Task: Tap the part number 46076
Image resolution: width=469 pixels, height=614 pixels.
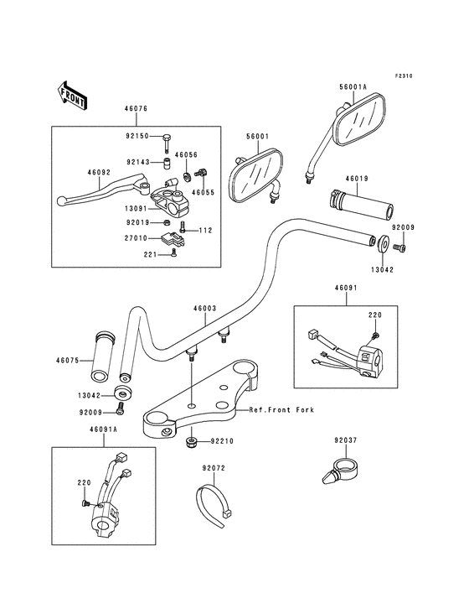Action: click(136, 109)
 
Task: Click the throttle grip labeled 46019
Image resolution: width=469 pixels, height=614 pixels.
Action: click(363, 204)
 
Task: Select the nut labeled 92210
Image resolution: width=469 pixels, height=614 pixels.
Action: click(191, 443)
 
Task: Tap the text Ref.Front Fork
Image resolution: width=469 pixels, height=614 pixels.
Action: click(281, 410)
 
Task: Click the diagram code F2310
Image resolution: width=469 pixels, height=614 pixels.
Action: click(404, 76)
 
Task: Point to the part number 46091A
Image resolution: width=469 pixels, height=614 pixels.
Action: click(104, 429)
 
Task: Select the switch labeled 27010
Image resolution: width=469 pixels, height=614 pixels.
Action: click(173, 238)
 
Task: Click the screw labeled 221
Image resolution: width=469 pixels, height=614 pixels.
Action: click(174, 255)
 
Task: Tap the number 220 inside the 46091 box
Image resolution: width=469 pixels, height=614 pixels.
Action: click(375, 315)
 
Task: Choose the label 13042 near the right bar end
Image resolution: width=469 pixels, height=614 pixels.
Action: click(383, 270)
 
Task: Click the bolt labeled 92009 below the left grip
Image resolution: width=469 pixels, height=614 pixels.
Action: click(120, 409)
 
